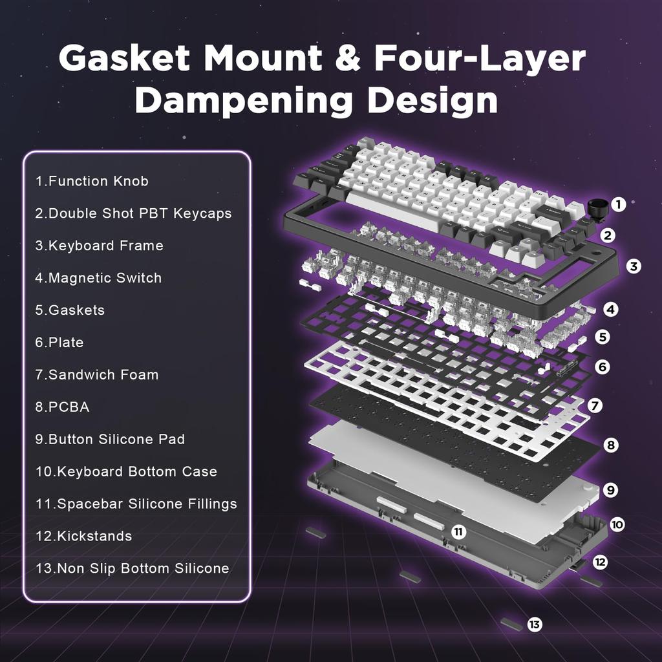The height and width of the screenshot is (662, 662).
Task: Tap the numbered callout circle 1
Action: tap(618, 205)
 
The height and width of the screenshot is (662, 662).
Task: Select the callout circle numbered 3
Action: tap(634, 266)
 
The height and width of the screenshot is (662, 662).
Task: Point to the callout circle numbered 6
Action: tap(603, 367)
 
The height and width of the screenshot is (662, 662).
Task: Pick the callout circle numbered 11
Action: tap(458, 532)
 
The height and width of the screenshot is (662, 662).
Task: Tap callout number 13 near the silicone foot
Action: tap(534, 625)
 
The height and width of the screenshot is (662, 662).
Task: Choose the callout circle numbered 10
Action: tap(617, 524)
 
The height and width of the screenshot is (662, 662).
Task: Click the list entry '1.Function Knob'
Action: tap(92, 181)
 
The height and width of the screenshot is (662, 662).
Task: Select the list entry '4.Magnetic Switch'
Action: tap(98, 278)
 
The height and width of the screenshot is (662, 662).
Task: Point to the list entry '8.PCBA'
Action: tap(62, 407)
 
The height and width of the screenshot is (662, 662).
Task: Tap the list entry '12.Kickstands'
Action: tap(83, 537)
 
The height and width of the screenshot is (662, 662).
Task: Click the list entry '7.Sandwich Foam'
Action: tap(96, 375)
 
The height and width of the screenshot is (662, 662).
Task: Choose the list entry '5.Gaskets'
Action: tap(70, 310)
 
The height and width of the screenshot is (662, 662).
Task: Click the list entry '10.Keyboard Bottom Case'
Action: tap(126, 472)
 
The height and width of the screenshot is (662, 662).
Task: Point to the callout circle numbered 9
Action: tap(610, 490)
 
